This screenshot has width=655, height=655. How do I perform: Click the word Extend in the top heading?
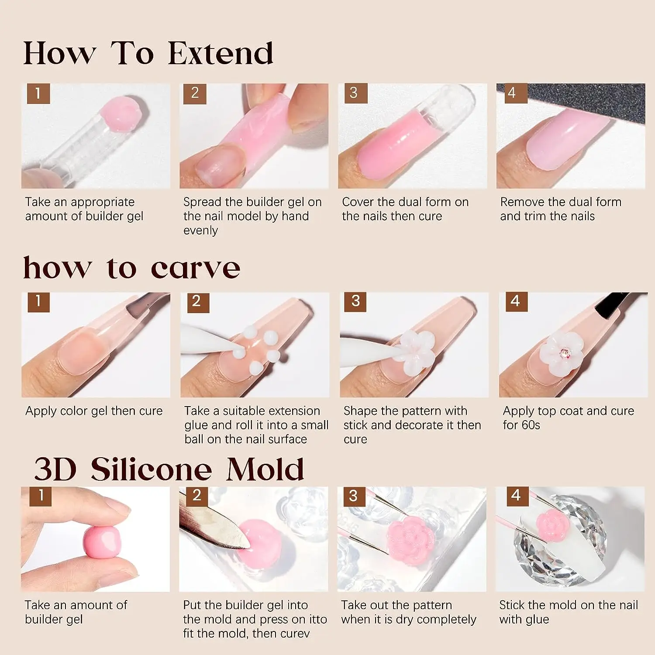pyautogui.click(x=221, y=53)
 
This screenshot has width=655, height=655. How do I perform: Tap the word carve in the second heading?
pyautogui.click(x=195, y=268)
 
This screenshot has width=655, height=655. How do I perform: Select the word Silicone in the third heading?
pyautogui.click(x=152, y=469)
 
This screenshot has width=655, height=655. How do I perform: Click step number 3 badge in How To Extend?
pyautogui.click(x=354, y=93)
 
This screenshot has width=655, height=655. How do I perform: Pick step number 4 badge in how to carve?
pyautogui.click(x=516, y=301)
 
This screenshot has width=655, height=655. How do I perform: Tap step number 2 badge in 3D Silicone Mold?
pyautogui.click(x=197, y=496)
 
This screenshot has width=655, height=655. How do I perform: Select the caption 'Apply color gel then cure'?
pyautogui.click(x=94, y=411)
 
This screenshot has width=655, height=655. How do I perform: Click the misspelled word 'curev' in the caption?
pyautogui.click(x=293, y=634)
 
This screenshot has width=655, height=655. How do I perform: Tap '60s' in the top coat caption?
pyautogui.click(x=531, y=425)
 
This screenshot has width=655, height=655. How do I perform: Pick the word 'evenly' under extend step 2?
pyautogui.click(x=200, y=231)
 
